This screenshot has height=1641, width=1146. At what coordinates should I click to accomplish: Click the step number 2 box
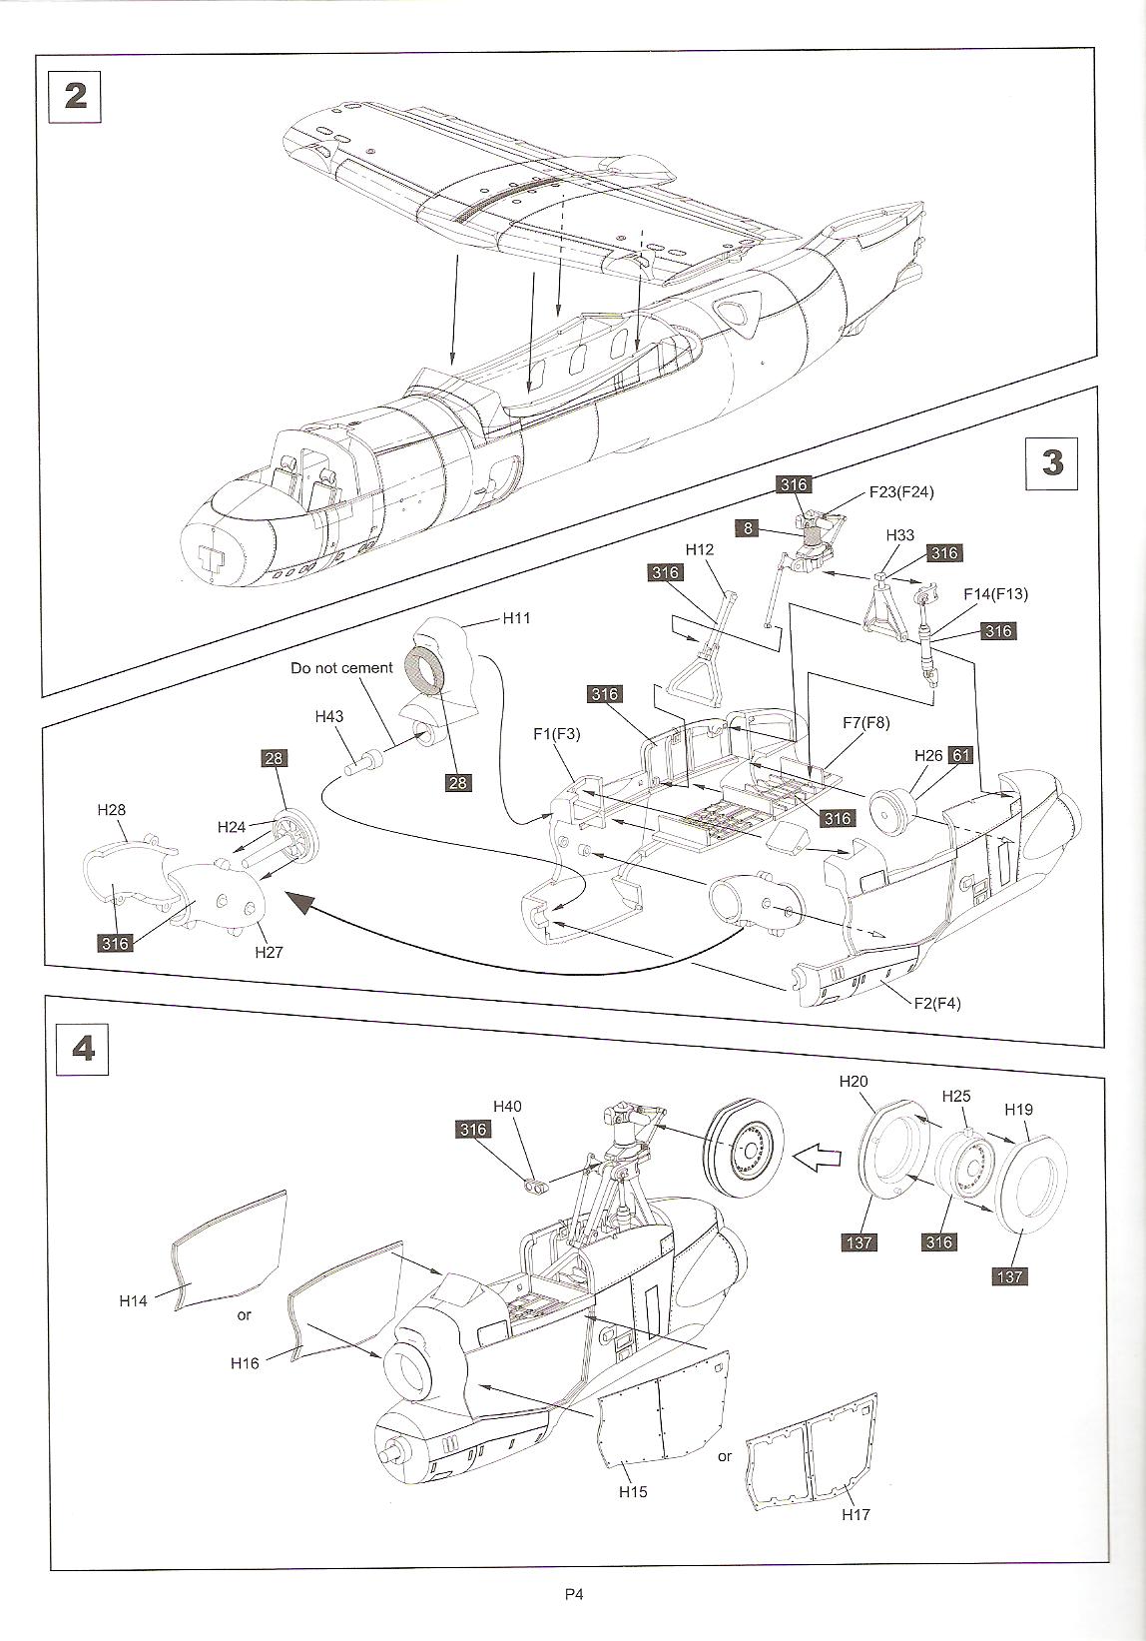pyautogui.click(x=76, y=95)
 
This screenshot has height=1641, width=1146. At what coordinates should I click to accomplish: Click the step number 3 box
pyautogui.click(x=1052, y=463)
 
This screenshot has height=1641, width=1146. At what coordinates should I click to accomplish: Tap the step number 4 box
pyautogui.click(x=84, y=1049)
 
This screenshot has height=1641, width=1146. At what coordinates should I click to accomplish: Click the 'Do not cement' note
pyautogui.click(x=341, y=667)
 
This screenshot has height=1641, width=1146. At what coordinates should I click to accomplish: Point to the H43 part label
pyautogui.click(x=328, y=716)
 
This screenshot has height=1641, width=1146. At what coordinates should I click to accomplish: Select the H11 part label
pyautogui.click(x=516, y=618)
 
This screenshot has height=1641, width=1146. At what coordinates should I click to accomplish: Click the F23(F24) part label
pyautogui.click(x=901, y=491)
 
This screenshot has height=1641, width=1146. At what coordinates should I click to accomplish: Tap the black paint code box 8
pyautogui.click(x=749, y=528)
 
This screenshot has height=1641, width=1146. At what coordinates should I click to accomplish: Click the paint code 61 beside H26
pyautogui.click(x=960, y=755)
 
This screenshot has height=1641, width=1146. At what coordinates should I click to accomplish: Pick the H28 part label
pyautogui.click(x=112, y=810)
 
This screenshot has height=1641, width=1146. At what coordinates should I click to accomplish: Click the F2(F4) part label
pyautogui.click(x=936, y=1003)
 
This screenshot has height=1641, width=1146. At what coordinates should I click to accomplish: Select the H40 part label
pyautogui.click(x=507, y=1106)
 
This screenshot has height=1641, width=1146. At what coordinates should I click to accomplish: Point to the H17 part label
pyautogui.click(x=856, y=1514)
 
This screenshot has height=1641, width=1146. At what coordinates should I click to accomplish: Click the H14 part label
pyautogui.click(x=133, y=1300)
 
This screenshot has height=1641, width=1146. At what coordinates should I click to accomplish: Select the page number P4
pyautogui.click(x=573, y=1595)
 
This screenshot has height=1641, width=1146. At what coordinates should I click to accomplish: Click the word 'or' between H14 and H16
pyautogui.click(x=245, y=1315)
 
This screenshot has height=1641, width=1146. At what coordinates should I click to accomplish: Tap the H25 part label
pyautogui.click(x=956, y=1096)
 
